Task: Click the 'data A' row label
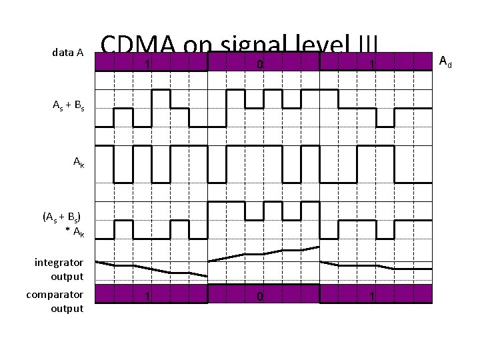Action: pos(67,52)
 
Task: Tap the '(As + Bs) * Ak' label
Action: pos(63,223)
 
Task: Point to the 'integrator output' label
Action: pos(59,269)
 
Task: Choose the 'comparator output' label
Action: pos(55,301)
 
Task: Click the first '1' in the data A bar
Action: pos(147,65)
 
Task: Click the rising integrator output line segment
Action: pos(264,253)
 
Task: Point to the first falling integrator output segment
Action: pos(152,268)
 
